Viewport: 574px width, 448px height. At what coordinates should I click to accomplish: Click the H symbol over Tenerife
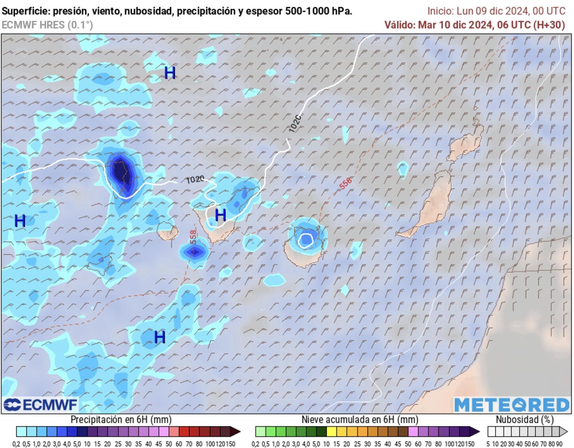pyautogui.click(x=220, y=215)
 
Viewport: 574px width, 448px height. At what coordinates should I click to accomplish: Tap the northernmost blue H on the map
pyautogui.click(x=170, y=73)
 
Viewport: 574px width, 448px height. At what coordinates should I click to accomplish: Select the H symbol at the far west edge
pyautogui.click(x=20, y=221)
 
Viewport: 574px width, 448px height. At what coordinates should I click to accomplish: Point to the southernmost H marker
pyautogui.click(x=160, y=337)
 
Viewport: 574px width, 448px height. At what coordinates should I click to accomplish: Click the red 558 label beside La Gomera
pyautogui.click(x=193, y=237)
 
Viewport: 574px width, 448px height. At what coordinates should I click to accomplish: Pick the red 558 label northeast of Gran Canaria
pyautogui.click(x=345, y=183)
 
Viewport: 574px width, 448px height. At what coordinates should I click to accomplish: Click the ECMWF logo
pyautogui.click(x=40, y=405)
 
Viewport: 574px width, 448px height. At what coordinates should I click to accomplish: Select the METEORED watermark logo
pyautogui.click(x=512, y=405)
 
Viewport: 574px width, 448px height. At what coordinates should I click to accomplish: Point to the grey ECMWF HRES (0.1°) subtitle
pyautogui.click(x=47, y=25)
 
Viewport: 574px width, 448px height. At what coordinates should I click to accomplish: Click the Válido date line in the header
pyautogui.click(x=475, y=25)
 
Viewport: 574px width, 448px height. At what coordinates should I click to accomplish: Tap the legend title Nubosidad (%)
pyautogui.click(x=525, y=419)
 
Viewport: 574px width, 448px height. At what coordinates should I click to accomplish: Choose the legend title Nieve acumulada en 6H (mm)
pyautogui.click(x=360, y=419)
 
